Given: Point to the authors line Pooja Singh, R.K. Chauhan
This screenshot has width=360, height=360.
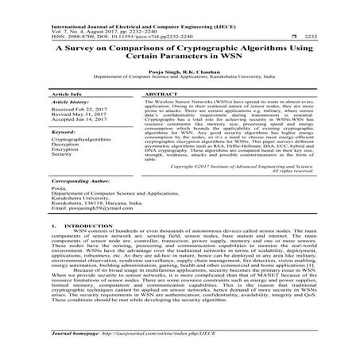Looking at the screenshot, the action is pyautogui.click(x=180, y=71).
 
